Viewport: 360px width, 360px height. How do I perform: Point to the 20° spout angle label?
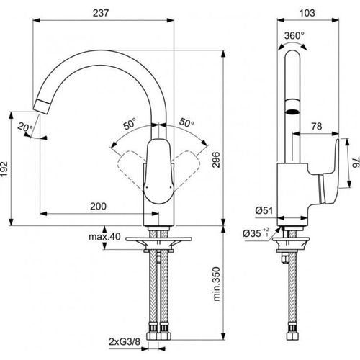pos(26,127)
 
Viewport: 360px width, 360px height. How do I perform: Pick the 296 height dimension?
pos(230,163)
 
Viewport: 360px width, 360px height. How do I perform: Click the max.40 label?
pos(104,237)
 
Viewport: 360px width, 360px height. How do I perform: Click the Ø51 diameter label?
pos(261,210)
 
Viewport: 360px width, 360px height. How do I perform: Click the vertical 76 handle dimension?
pos(354,165)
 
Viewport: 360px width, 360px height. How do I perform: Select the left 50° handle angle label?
pos(130,124)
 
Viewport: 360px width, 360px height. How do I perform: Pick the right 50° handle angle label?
pos(186,124)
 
